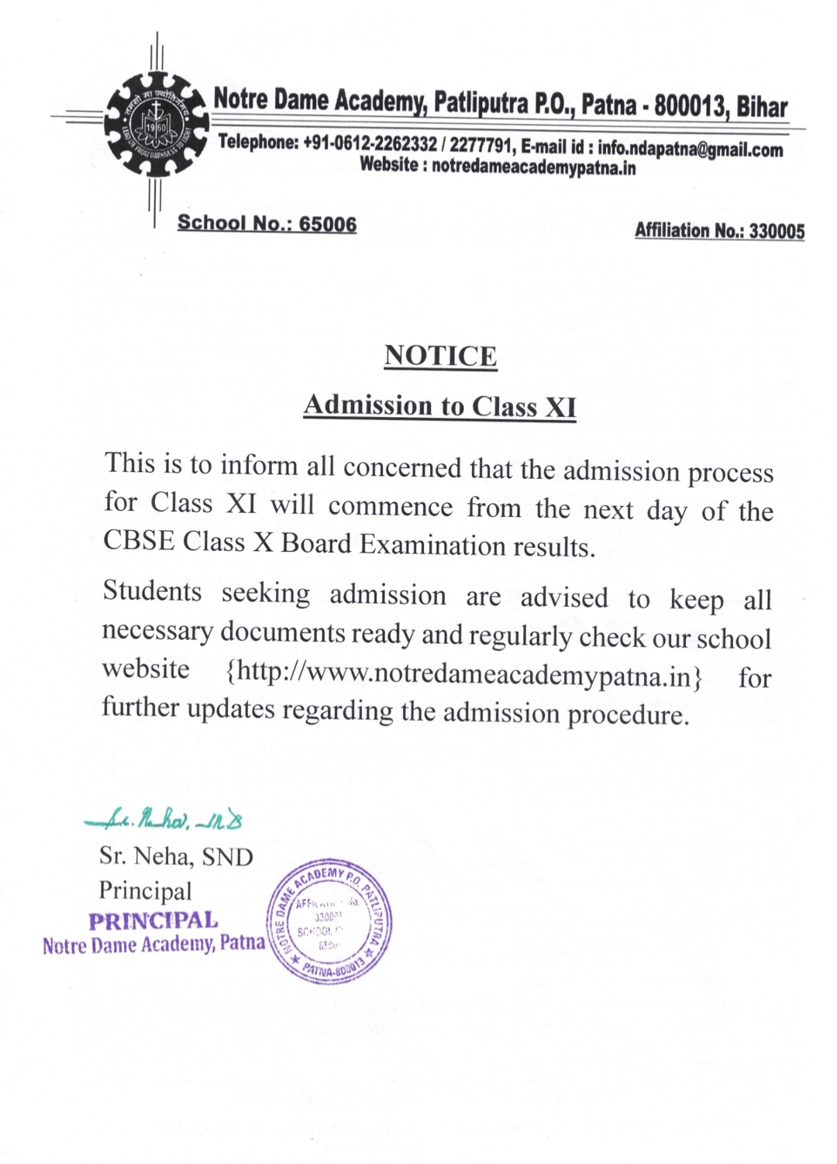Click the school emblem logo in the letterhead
pyautogui.click(x=157, y=126)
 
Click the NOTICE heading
pyautogui.click(x=440, y=356)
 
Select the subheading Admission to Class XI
pyautogui.click(x=439, y=405)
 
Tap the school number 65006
pyautogui.click(x=328, y=224)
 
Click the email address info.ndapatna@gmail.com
pyautogui.click(x=690, y=150)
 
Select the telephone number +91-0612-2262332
pyautogui.click(x=370, y=143)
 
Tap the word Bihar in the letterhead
pyautogui.click(x=762, y=107)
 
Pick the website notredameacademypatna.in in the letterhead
pyautogui.click(x=533, y=167)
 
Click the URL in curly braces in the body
pyautogui.click(x=463, y=673)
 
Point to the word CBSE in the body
pyautogui.click(x=139, y=540)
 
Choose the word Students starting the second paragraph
pyautogui.click(x=152, y=591)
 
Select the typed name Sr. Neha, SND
pyautogui.click(x=176, y=856)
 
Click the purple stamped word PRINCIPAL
pyautogui.click(x=153, y=921)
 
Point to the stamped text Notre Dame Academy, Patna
pyautogui.click(x=153, y=945)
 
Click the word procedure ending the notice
pyautogui.click(x=627, y=714)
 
